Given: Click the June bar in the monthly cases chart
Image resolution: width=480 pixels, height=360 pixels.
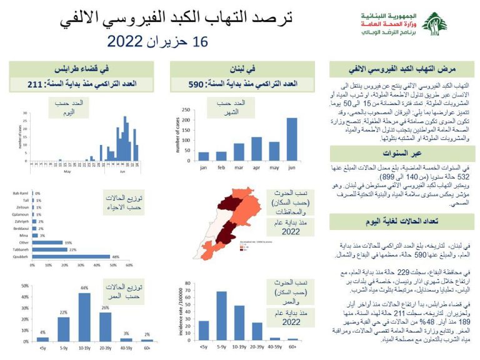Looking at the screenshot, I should pyautogui.click(x=292, y=139).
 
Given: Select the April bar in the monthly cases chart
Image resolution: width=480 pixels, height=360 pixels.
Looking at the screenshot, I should pyautogui.click(x=256, y=149).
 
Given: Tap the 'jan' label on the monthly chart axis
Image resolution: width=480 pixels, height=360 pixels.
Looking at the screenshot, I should pyautogui.click(x=203, y=167).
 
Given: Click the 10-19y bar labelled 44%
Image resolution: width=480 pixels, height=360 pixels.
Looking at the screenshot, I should pyautogui.click(x=84, y=316).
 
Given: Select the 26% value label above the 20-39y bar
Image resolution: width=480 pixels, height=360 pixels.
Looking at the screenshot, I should pyautogui.click(x=105, y=307).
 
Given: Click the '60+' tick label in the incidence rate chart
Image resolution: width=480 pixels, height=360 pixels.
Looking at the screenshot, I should pyautogui.click(x=292, y=346).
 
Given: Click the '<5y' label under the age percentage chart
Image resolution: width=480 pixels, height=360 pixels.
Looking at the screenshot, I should pyautogui.click(x=42, y=347).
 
